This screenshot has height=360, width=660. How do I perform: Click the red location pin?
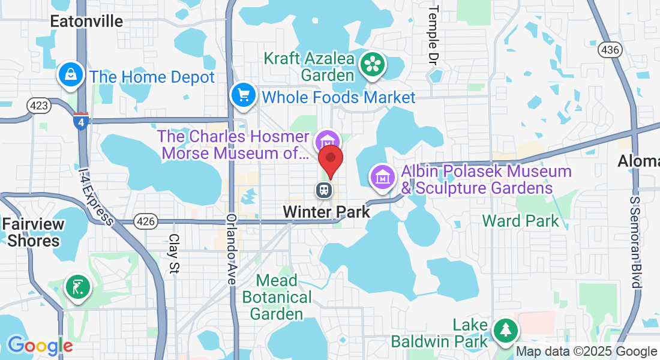330,158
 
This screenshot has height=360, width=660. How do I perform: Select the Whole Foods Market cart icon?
244,95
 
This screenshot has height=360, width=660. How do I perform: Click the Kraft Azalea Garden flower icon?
373,64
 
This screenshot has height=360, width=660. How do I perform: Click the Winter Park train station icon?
324,190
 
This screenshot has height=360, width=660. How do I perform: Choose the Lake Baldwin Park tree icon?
505,329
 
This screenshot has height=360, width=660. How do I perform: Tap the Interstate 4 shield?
81,121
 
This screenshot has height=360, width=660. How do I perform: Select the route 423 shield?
39,106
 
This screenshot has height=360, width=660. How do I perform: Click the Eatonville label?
86,22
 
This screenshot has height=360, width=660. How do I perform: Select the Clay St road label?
174,254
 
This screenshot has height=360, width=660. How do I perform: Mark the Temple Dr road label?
433,35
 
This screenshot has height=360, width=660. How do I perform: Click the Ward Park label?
521,221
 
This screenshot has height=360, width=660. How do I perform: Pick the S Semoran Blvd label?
637,240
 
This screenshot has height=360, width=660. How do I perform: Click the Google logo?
40,346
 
